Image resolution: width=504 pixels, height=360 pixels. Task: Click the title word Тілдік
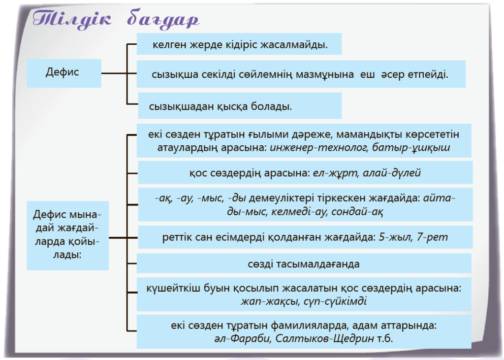[72, 18]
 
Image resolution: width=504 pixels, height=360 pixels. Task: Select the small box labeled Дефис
[64, 73]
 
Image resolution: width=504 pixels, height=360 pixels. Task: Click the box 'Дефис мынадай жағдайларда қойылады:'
[68, 235]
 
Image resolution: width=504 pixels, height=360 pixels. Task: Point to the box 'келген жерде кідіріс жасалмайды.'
[239, 44]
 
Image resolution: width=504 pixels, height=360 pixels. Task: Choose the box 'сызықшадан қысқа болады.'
[240, 106]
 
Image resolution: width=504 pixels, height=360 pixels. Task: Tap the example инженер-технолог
[319, 148]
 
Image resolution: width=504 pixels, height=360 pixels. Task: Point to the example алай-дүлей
[392, 173]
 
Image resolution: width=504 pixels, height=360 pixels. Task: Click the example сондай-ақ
[357, 212]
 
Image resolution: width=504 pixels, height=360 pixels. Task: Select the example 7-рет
[432, 237]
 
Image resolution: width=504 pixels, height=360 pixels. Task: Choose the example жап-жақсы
[270, 301]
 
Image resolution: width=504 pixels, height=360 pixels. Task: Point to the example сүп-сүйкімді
[335, 301]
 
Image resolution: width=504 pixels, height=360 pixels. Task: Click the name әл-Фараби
[242, 338]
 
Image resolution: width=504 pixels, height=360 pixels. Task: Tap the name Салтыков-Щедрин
[325, 338]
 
